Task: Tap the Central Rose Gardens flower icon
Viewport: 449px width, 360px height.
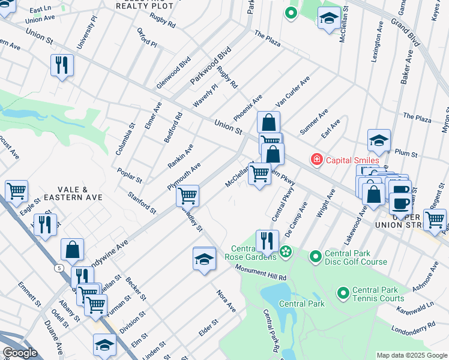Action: click(x=286, y=250)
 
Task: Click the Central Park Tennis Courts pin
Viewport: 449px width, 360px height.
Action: click(x=343, y=293)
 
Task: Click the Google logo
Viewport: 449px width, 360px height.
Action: click(x=20, y=353)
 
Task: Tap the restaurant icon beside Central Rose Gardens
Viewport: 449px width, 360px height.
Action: click(x=267, y=241)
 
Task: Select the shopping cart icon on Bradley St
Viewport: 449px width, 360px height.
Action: click(x=188, y=195)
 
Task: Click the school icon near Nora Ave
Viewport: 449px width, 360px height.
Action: click(x=204, y=259)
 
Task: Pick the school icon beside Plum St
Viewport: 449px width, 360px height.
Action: click(x=379, y=141)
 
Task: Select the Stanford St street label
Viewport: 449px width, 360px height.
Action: click(x=142, y=203)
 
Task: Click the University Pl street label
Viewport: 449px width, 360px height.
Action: click(x=85, y=33)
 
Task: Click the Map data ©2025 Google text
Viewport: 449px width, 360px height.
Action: click(x=412, y=355)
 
